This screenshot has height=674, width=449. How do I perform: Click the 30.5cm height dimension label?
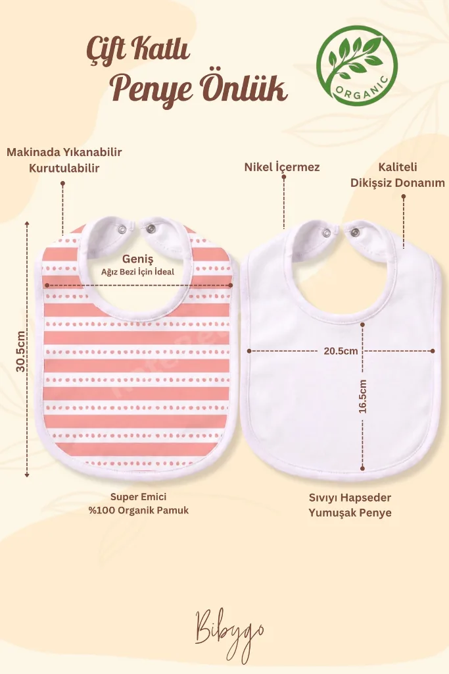point(20,351)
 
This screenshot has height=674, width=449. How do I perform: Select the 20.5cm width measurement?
point(341,351)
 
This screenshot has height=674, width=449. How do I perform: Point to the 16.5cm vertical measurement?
point(363,396)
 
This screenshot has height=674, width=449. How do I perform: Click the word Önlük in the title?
point(245,89)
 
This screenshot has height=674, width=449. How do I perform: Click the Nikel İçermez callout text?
point(282,167)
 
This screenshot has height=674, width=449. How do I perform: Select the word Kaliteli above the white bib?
point(398,167)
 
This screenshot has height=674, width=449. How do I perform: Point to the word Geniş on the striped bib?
point(138,259)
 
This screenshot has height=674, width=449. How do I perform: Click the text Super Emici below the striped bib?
point(138,496)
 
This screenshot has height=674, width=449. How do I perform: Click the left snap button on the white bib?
point(327,233)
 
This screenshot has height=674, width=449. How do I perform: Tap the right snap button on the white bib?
point(354,232)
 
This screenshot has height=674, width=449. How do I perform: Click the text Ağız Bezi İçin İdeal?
point(138,272)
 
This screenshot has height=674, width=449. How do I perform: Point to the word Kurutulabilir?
point(64,168)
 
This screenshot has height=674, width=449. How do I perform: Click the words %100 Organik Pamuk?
point(138,510)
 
